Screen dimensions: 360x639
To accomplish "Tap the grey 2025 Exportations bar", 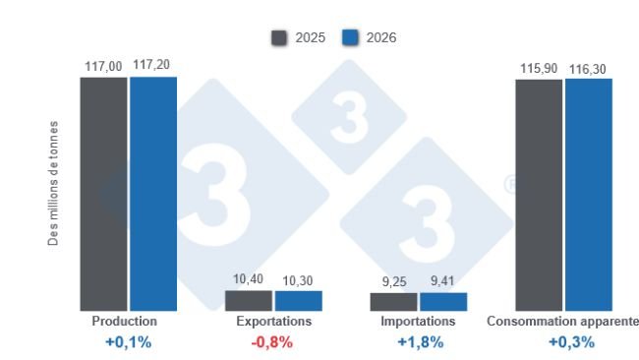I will point(248,301).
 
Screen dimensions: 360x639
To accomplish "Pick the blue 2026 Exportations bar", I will point(298,301).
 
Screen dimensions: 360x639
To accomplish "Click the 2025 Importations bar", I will point(392,302).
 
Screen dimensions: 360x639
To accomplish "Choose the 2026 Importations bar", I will point(442,302).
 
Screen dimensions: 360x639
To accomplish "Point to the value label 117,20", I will point(153,66).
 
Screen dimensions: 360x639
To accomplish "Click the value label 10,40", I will point(248,280).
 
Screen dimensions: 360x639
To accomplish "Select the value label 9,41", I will point(442,282).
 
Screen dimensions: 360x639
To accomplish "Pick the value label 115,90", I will point(538,68).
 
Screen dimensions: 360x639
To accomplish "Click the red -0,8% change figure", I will point(273,342).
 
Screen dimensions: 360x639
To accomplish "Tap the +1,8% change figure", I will point(418,342).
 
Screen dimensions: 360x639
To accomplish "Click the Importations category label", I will point(418,322).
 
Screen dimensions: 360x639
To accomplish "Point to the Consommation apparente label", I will point(562,322).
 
